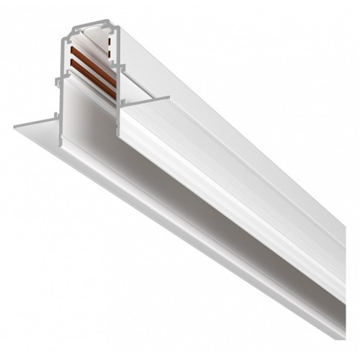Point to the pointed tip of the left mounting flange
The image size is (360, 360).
pyautogui.click(x=14, y=128)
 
